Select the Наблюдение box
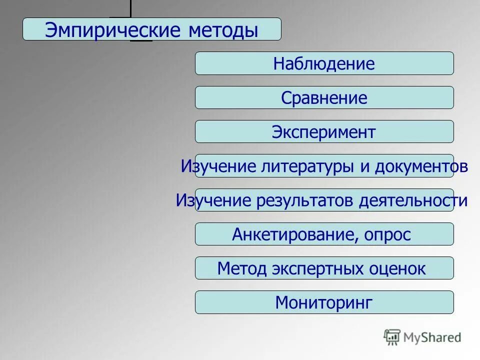pyautogui.click(x=324, y=64)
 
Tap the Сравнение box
pyautogui.click(x=324, y=98)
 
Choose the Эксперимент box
pyautogui.click(x=324, y=132)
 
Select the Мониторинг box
pyautogui.click(x=324, y=302)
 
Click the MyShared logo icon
pyautogui.click(x=392, y=337)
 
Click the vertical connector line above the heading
pyautogui.click(x=130, y=8)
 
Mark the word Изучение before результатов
pyautogui.click(x=213, y=200)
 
